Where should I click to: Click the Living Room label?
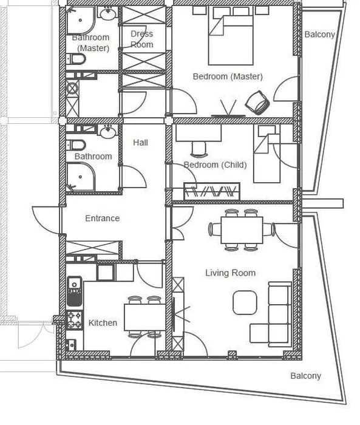coord(231,273)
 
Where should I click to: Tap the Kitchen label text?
coord(103,323)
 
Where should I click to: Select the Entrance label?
coord(102,218)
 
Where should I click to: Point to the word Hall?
coord(140,143)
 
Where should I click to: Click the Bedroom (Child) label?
coord(216,165)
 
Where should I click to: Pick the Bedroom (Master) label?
coord(228,76)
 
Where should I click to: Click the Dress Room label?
coord(142,39)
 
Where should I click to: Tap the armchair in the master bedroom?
coord(257,102)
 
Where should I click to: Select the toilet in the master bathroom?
coord(76,59)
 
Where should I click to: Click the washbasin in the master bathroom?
coord(107,13)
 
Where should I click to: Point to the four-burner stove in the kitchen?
coord(74,320)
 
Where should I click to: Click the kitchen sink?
coord(74,291)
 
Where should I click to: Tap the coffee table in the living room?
coord(245,302)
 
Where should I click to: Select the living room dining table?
coord(242,230)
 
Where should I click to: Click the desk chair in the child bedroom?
coord(199,149)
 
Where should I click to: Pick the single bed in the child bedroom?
coord(267,154)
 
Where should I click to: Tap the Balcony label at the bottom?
coord(306,376)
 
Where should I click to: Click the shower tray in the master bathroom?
coord(81,21)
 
